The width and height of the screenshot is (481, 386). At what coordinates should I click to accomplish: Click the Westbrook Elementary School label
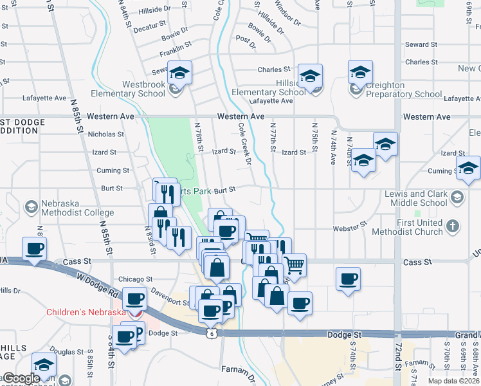pyautogui.click(x=123, y=89)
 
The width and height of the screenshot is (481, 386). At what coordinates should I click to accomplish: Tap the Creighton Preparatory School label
pyautogui.click(x=404, y=89)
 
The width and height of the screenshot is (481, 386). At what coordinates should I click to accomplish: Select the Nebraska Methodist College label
pyautogui.click(x=78, y=208)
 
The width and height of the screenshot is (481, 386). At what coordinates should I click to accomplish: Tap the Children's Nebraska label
pyautogui.click(x=86, y=313)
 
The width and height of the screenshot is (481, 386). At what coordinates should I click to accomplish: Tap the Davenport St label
pyautogui.click(x=169, y=295)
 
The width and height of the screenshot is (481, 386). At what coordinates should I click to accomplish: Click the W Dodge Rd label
pyautogui.click(x=97, y=283)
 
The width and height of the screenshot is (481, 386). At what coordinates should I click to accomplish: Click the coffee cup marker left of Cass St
pyautogui.click(x=35, y=248)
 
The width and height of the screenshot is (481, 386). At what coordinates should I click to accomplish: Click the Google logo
pyautogui.click(x=21, y=379)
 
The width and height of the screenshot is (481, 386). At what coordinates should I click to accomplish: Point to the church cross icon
pyautogui.click(x=453, y=226)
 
